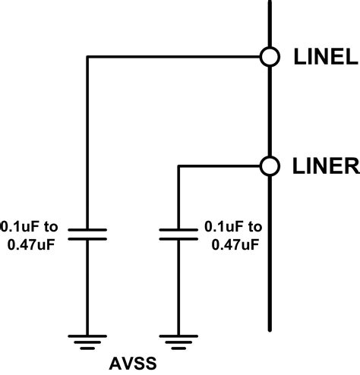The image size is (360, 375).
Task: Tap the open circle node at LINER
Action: pos(269,165)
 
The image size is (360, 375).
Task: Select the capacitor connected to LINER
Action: pos(178,232)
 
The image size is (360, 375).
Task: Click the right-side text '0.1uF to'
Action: pos(233,225)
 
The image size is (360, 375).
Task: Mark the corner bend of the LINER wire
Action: pos(178,165)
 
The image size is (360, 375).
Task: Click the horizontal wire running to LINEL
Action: pos(175,56)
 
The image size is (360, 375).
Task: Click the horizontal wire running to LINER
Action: pos(220,165)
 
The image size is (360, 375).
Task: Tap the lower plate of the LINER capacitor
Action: pos(178,238)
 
